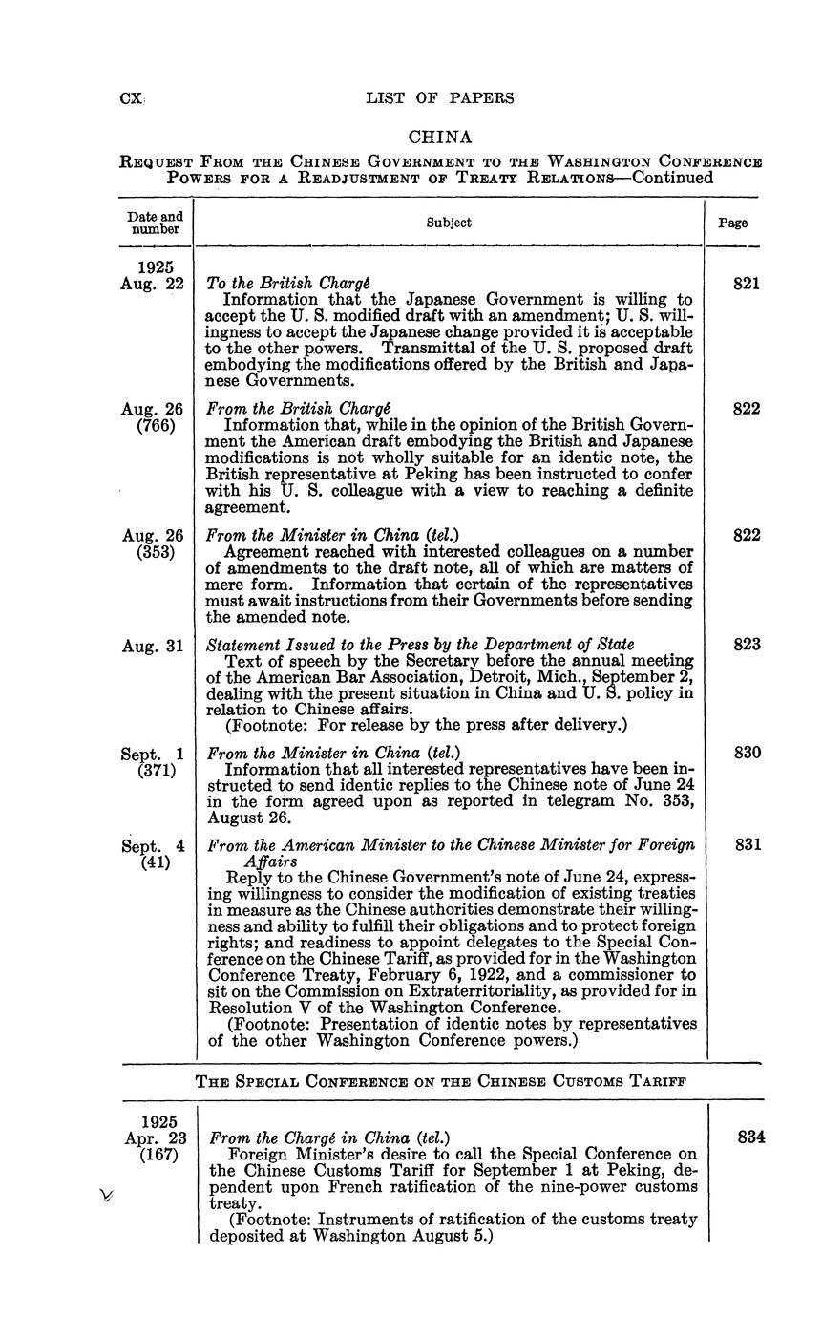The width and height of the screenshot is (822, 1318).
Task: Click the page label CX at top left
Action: [x=130, y=97]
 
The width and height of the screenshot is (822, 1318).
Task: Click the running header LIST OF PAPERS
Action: [x=439, y=97]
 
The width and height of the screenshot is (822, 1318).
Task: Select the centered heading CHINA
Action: [x=440, y=138]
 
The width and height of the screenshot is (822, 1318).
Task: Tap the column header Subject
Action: [x=449, y=223]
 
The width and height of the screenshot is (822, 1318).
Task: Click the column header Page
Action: [x=733, y=223]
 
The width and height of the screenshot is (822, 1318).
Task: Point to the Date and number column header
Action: [x=154, y=223]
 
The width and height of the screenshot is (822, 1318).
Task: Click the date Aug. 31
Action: [x=152, y=646]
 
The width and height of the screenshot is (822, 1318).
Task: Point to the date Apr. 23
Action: [x=154, y=1137]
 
